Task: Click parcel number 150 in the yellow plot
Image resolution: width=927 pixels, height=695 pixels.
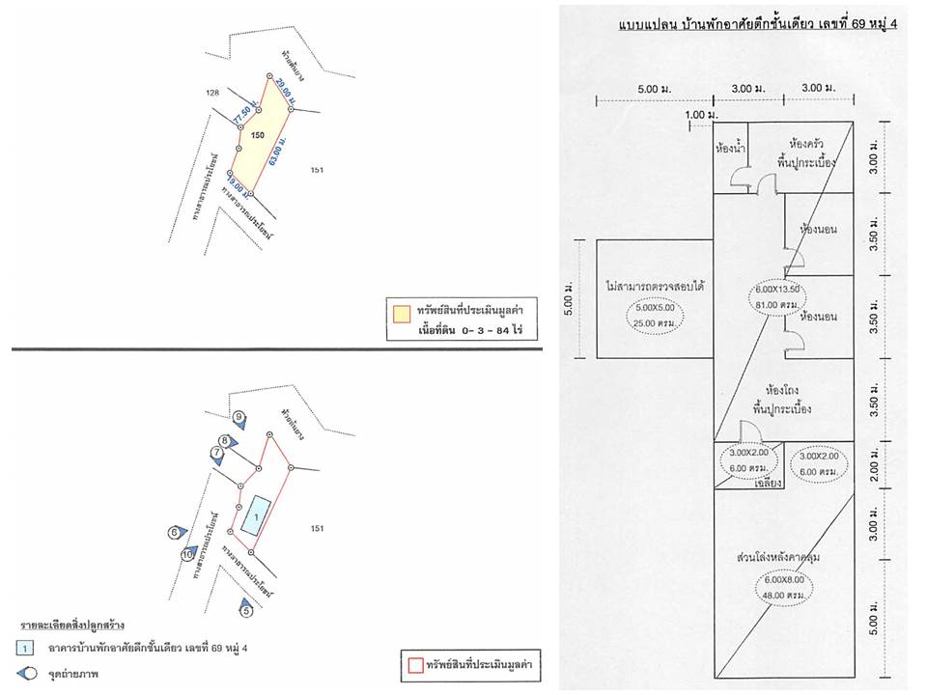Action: pyautogui.click(x=257, y=136)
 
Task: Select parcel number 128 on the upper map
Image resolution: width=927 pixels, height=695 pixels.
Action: pyautogui.click(x=214, y=93)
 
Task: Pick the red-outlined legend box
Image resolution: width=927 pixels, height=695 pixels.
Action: pyautogui.click(x=410, y=666)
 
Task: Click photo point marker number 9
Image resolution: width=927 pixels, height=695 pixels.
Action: pyautogui.click(x=240, y=418)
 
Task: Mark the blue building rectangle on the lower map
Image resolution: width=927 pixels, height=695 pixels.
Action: pyautogui.click(x=256, y=519)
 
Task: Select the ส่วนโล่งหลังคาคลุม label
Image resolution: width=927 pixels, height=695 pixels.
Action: pyautogui.click(x=785, y=558)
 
